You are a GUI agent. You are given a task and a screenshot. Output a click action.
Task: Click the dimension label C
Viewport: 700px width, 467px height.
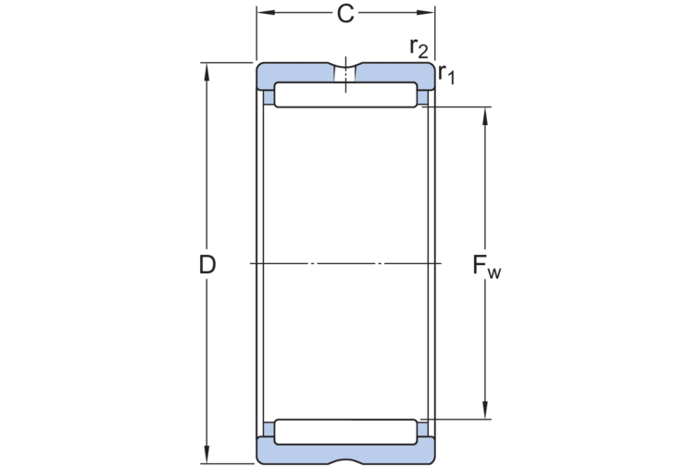tap(345, 14)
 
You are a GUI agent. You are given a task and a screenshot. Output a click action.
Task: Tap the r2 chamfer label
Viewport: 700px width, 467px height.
tap(419, 47)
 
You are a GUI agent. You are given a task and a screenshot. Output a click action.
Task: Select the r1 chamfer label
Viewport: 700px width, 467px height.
tap(446, 74)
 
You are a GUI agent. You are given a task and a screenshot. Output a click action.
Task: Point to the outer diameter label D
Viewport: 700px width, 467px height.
tap(207, 265)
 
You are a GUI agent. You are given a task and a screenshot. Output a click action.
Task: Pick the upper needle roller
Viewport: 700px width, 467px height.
tap(345, 95)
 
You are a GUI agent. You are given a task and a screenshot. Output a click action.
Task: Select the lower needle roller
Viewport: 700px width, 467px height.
tap(345, 432)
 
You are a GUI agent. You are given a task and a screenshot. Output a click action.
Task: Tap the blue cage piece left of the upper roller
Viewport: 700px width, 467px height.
tap(269, 96)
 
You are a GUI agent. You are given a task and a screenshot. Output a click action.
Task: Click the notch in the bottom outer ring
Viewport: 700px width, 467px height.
tap(345, 460)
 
